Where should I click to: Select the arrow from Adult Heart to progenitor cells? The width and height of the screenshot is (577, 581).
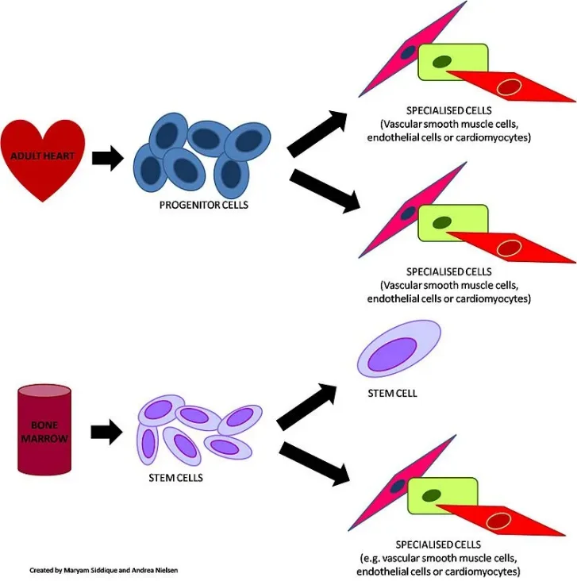point(108,158)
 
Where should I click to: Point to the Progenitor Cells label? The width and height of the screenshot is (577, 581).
point(204,205)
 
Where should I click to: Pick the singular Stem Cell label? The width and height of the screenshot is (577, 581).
point(392,394)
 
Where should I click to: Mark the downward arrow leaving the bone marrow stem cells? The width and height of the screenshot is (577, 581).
point(317,463)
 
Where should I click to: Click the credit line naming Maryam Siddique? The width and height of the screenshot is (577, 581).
point(98,570)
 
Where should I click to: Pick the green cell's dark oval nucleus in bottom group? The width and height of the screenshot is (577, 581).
point(431,497)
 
